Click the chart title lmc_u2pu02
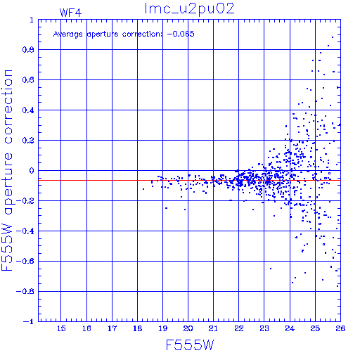(x=189, y=9)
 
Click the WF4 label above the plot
(x=70, y=13)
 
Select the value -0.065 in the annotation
(x=181, y=34)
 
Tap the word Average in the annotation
(x=68, y=34)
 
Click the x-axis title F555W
(x=190, y=345)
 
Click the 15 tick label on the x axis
(x=61, y=328)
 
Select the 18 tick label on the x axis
(x=138, y=328)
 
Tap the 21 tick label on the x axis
(x=213, y=328)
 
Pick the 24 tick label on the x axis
(x=290, y=328)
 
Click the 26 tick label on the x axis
(x=340, y=328)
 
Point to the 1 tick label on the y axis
(x=32, y=20)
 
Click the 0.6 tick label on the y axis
(x=28, y=80)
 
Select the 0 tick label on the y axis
(x=32, y=171)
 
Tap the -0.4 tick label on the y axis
(x=25, y=231)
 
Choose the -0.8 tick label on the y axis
(x=25, y=291)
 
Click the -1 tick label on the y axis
(x=29, y=321)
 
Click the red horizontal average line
(x=189, y=180)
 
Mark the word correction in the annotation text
(x=142, y=34)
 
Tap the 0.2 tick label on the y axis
(x=28, y=141)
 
